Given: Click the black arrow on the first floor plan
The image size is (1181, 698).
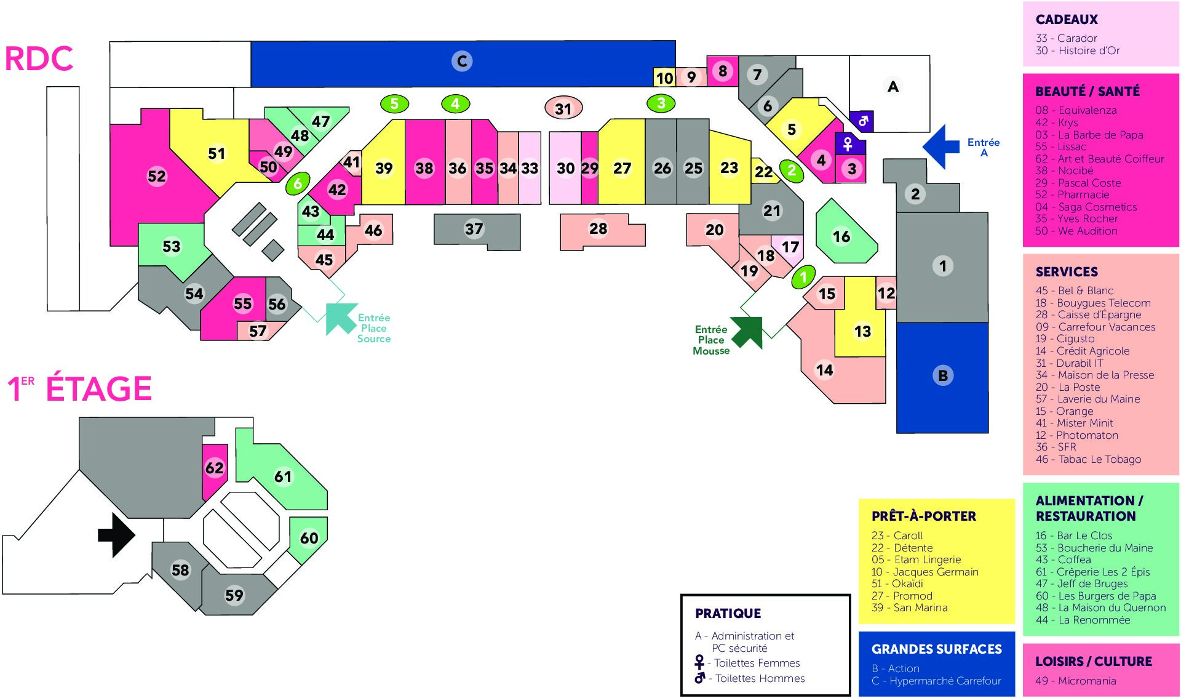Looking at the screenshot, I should [x=117, y=535].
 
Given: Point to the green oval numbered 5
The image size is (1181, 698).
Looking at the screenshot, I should [x=394, y=104].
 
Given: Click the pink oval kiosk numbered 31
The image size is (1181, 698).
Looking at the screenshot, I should [x=563, y=109].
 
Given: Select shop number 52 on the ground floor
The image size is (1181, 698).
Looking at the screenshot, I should [x=157, y=177].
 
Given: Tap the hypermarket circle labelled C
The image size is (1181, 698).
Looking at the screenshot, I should [x=462, y=61].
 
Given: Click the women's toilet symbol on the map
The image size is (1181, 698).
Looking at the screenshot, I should [x=848, y=144].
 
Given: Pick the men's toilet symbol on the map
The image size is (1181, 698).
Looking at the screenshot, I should [x=862, y=121].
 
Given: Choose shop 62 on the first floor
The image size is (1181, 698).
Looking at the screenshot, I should [x=215, y=468].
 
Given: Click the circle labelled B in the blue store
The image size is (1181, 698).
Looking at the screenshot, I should [x=942, y=375].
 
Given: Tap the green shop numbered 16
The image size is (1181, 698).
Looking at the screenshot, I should [x=841, y=236].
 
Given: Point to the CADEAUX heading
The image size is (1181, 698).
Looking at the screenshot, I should [x=1067, y=20].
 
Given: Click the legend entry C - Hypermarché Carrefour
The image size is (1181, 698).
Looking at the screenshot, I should [x=936, y=681].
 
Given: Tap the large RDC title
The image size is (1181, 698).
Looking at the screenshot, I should [x=39, y=59].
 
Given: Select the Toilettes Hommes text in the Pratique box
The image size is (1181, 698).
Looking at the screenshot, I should [x=760, y=678].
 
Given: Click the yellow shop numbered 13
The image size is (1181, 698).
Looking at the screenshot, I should [x=862, y=332].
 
